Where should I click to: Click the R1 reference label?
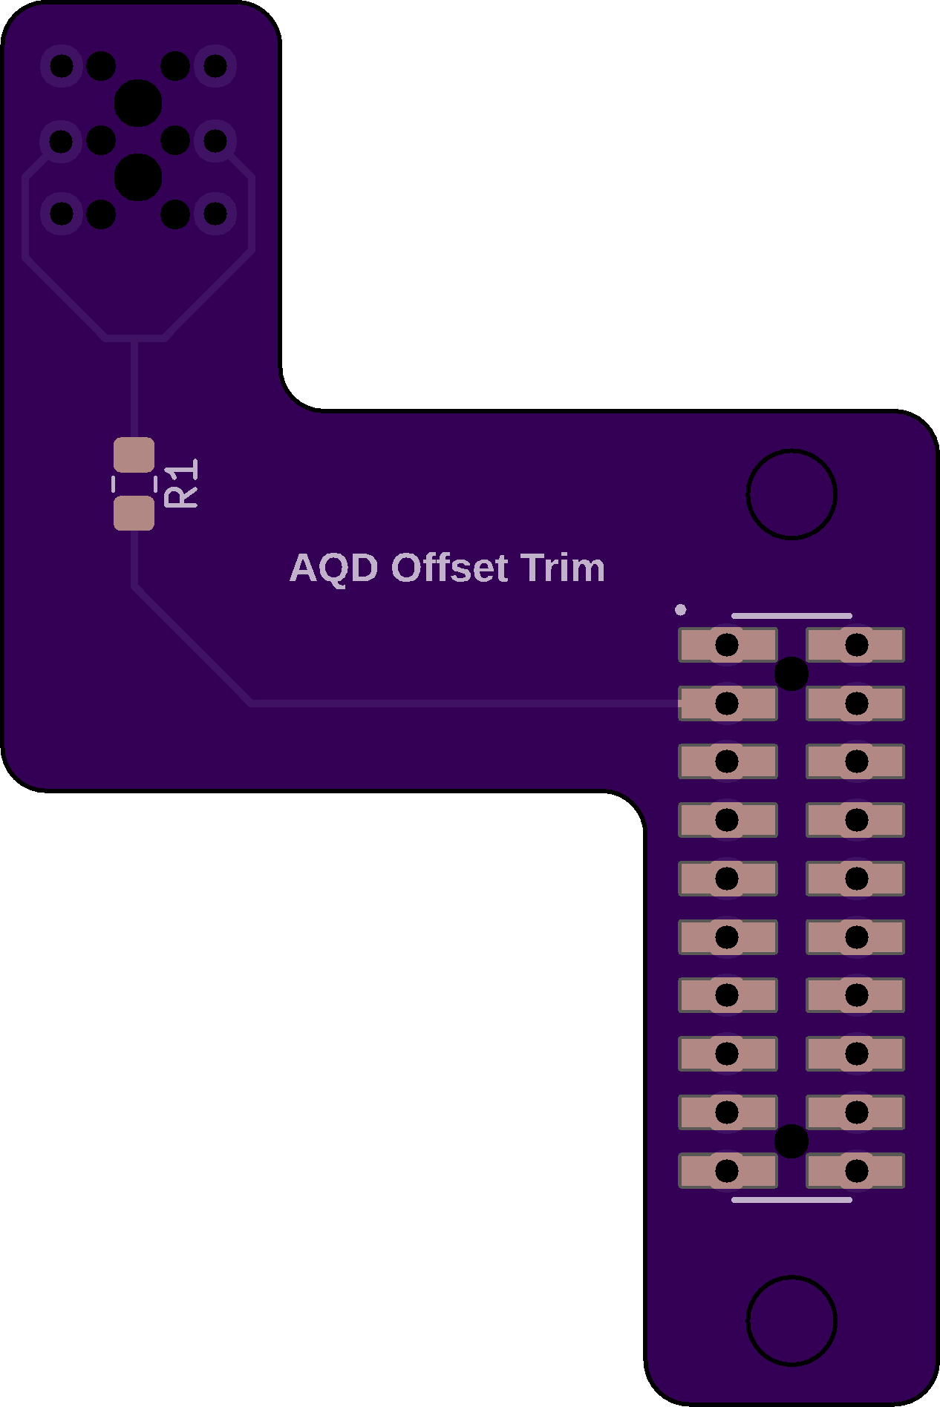pyautogui.click(x=182, y=483)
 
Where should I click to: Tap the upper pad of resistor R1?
pyautogui.click(x=134, y=456)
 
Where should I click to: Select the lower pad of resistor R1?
pyautogui.click(x=134, y=514)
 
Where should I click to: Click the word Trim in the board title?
pyautogui.click(x=563, y=568)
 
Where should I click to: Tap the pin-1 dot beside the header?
pyautogui.click(x=681, y=610)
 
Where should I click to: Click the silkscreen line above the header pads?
pyautogui.click(x=792, y=616)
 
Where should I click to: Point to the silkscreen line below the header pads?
pyautogui.click(x=792, y=1200)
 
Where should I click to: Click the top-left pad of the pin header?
pyautogui.click(x=728, y=645)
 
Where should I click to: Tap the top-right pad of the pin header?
pyautogui.click(x=855, y=645)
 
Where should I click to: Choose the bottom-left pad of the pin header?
pyautogui.click(x=728, y=1171)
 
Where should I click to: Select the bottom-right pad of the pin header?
pyautogui.click(x=855, y=1171)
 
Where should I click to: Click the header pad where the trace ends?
pyautogui.click(x=728, y=703)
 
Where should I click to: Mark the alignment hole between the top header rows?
pyautogui.click(x=792, y=674)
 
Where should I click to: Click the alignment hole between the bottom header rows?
pyautogui.click(x=792, y=1141)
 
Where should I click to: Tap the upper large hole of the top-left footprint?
pyautogui.click(x=138, y=103)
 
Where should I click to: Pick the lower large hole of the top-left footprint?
pyautogui.click(x=138, y=177)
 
